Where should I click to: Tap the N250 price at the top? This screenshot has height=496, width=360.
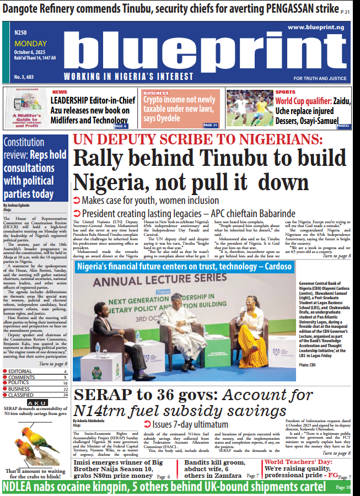(x=22, y=33)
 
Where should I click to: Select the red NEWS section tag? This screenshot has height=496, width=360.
(x=60, y=93)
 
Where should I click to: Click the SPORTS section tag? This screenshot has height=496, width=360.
(x=286, y=92)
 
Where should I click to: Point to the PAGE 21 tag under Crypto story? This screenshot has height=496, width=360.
(x=211, y=125)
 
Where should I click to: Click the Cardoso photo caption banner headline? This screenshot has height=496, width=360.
(x=185, y=267)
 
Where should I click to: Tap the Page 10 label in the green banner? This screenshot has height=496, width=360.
(x=342, y=487)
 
